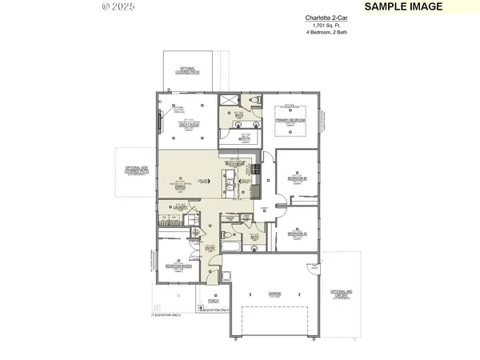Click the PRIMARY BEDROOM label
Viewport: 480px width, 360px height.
point(292,120)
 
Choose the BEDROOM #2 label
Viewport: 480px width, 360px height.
point(297,179)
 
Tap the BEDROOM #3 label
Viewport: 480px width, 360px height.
point(297,233)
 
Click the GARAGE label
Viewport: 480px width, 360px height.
point(274,293)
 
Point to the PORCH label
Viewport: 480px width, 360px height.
point(213,300)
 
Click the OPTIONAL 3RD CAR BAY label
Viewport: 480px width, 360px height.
point(342,292)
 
